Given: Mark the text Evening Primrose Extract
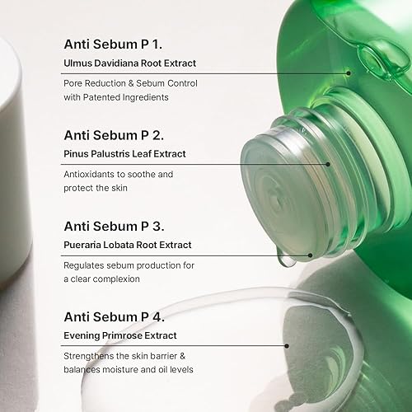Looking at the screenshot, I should tap(120, 335).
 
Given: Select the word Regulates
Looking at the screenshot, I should tap(87, 265).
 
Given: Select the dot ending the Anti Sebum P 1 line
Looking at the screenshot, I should tap(349, 73).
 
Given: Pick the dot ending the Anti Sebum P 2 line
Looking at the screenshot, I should tap(328, 164).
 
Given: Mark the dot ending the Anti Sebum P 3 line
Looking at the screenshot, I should tap(310, 255).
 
